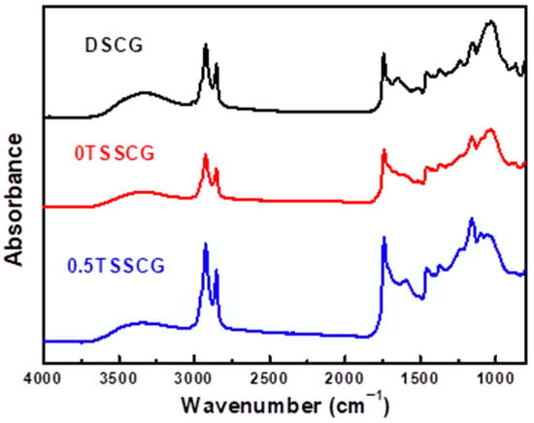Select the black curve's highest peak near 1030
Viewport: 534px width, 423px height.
tap(491, 21)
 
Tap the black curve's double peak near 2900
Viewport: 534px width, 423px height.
tap(205, 46)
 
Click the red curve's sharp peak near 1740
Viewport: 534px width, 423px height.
tap(384, 150)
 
